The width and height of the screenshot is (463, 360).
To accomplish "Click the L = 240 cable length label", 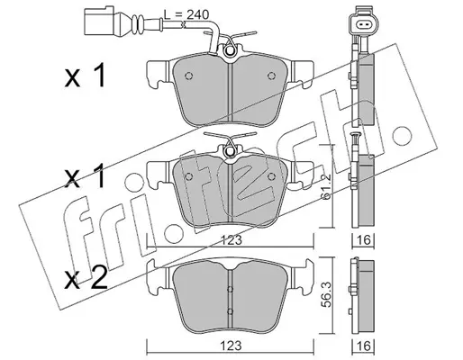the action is pyautogui.click(x=186, y=14).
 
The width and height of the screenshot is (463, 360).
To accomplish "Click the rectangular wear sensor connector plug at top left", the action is pyautogui.click(x=98, y=22).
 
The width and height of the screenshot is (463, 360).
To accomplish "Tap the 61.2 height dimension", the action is pyautogui.click(x=327, y=186).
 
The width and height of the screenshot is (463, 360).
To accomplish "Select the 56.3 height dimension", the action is pyautogui.click(x=327, y=298).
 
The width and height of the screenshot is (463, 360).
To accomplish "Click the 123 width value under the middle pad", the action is pyautogui.click(x=231, y=240).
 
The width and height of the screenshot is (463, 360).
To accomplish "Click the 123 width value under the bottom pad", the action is pyautogui.click(x=231, y=346).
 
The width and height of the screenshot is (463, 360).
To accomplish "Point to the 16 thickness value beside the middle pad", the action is pyautogui.click(x=363, y=240).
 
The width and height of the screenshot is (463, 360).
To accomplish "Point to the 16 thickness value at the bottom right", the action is pyautogui.click(x=363, y=346).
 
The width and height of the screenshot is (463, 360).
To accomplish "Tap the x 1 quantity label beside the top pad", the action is pyautogui.click(x=85, y=76).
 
